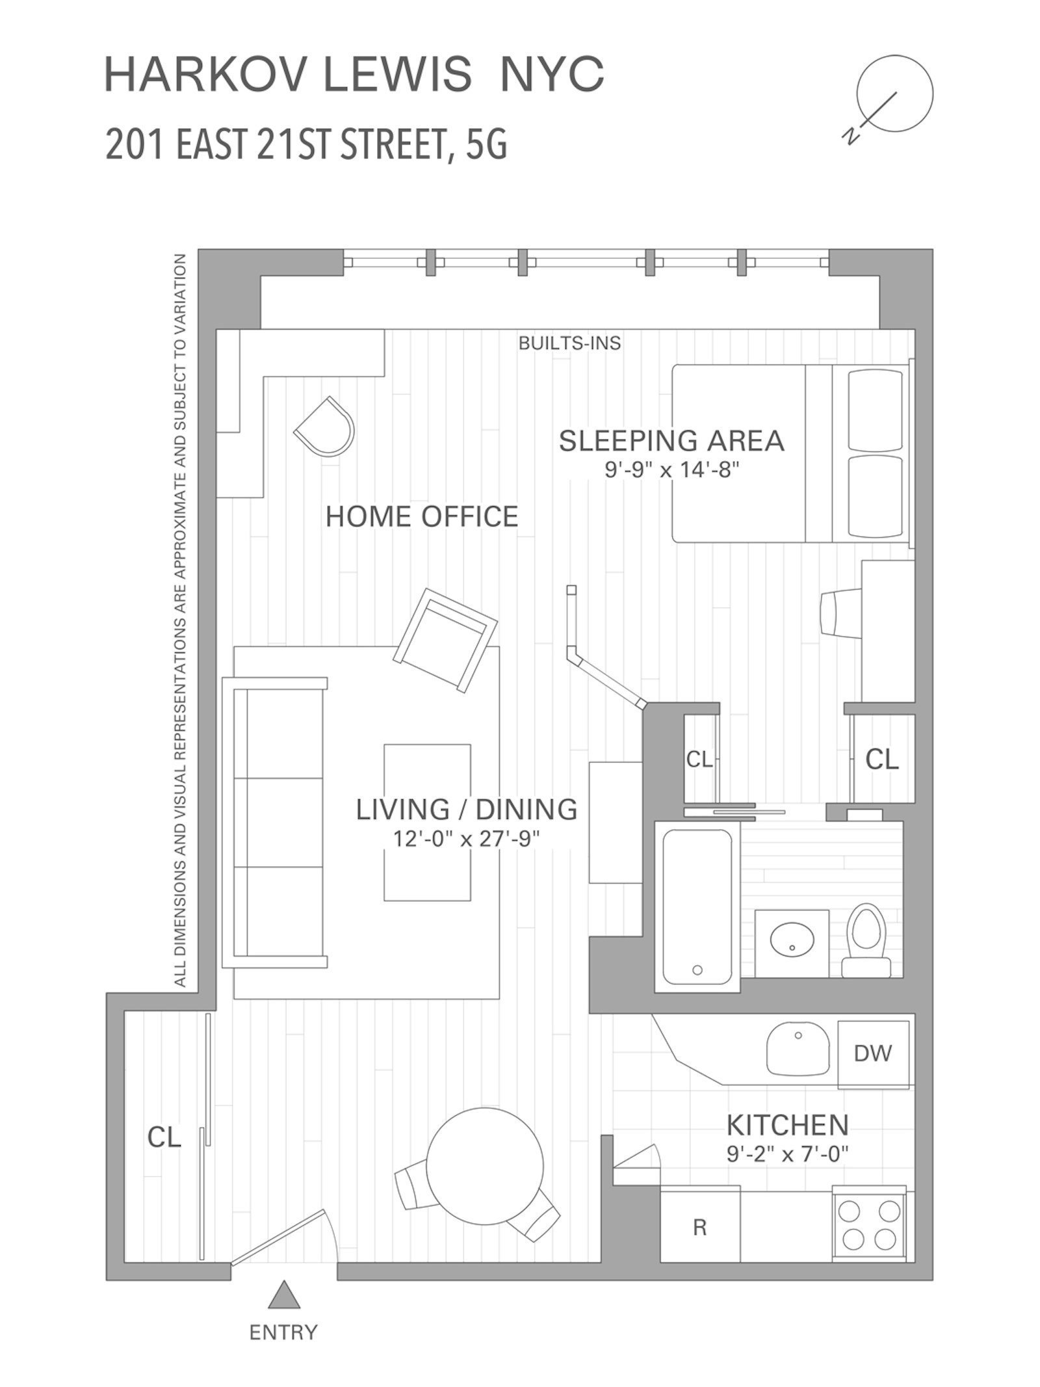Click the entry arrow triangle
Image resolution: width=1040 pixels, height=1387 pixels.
point(284,1297)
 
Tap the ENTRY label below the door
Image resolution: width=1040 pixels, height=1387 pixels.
point(283,1332)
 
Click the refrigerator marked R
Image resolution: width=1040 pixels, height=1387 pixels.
point(699,1227)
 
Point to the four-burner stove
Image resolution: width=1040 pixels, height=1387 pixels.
point(869,1224)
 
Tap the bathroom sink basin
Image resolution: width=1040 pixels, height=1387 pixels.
point(792,938)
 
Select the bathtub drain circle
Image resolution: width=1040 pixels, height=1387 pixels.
point(697,970)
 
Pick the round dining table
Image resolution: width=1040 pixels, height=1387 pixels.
point(485,1167)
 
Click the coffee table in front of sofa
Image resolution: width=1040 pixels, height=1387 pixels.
point(427,822)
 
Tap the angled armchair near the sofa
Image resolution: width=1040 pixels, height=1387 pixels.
point(445,640)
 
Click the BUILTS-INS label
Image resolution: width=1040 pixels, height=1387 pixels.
point(569,343)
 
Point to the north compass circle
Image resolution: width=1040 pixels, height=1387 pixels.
point(894,94)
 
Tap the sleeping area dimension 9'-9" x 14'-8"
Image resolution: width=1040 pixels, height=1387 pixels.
point(672,469)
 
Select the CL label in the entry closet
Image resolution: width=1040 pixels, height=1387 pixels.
point(164,1137)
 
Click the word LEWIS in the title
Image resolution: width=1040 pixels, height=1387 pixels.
point(397,74)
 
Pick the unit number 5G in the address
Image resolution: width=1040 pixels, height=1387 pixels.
point(486,144)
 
